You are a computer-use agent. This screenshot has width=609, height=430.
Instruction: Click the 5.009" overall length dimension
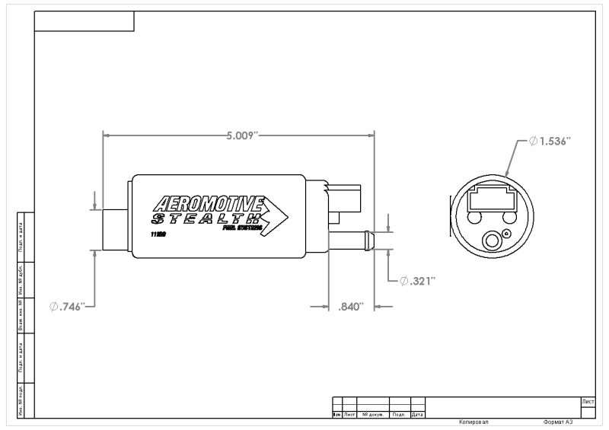(x=242, y=135)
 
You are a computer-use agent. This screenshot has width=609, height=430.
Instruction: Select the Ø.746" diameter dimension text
(x=73, y=306)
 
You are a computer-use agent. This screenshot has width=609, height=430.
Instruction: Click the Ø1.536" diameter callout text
(x=550, y=142)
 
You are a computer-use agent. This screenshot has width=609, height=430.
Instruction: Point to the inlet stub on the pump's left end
(x=116, y=228)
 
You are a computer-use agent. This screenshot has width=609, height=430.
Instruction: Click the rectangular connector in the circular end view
(x=491, y=199)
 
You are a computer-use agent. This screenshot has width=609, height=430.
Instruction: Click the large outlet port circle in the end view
(x=491, y=241)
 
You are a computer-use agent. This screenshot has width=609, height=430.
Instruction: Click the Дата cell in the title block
(x=417, y=415)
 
